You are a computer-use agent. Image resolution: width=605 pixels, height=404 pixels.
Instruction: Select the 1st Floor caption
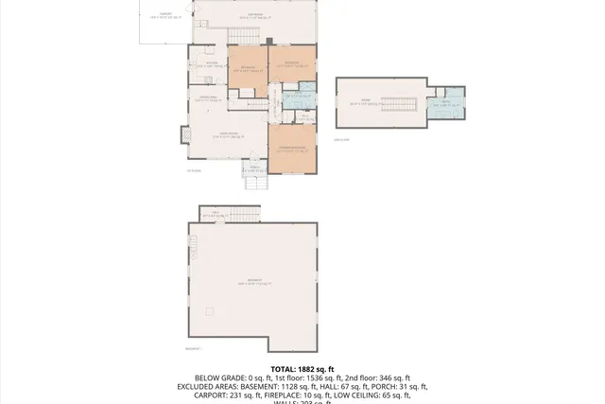point(194,170)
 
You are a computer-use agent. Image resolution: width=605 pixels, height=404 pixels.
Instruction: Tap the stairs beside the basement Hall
point(248,211)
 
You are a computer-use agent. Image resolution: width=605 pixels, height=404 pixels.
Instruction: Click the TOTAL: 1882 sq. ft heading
point(302,369)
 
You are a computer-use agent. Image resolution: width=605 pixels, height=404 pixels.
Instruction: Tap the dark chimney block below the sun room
point(269,41)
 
